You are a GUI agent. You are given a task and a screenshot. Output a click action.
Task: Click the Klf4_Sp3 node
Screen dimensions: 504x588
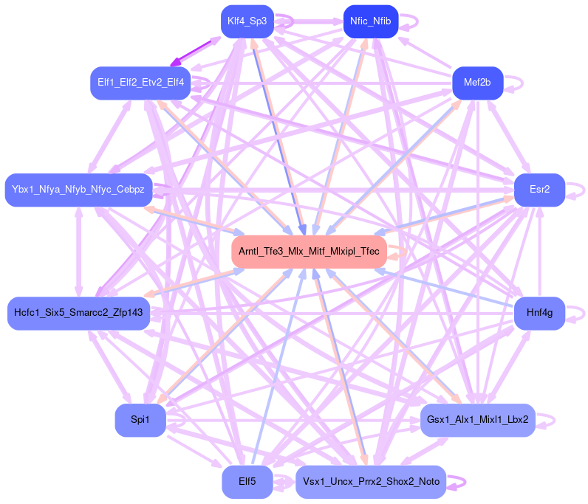247,21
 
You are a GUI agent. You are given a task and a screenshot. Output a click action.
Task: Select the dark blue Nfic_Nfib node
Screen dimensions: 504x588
371,21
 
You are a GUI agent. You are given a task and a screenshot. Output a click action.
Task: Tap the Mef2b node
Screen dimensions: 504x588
477,82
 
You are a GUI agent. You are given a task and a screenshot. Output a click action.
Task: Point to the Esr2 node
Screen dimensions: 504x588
539,190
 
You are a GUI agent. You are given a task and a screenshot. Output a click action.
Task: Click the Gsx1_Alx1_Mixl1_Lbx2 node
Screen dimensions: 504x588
477,420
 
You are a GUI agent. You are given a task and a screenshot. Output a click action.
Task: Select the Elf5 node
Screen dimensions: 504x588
247,482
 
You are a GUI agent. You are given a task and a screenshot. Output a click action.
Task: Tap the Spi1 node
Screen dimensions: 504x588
140,420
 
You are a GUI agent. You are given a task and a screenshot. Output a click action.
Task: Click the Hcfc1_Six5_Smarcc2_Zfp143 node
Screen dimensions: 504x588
78,314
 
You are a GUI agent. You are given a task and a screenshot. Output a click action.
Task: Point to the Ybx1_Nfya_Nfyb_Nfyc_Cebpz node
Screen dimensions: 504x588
78,190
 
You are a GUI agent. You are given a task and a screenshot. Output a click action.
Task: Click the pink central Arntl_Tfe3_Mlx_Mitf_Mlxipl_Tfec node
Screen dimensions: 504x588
309,252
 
